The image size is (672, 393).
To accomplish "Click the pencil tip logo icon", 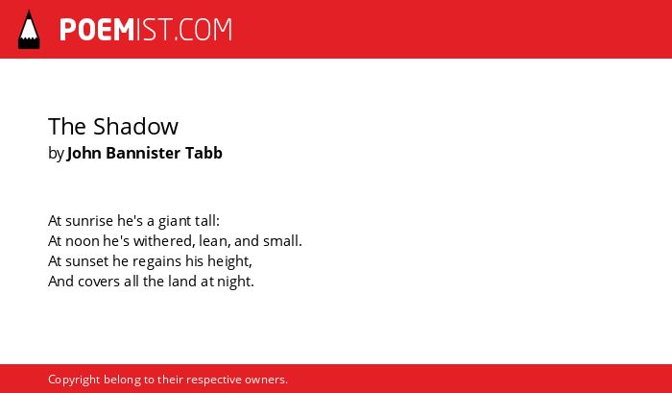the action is click(x=29, y=29).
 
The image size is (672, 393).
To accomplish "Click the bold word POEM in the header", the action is click(x=97, y=30).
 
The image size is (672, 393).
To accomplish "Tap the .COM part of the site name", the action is click(x=204, y=30).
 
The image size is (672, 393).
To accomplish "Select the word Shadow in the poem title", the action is click(x=135, y=126).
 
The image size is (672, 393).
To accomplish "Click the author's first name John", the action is click(x=84, y=153).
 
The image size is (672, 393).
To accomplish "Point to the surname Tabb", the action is click(x=204, y=153).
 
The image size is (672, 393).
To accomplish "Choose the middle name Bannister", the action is click(x=143, y=153).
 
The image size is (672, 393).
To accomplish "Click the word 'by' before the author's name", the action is click(x=56, y=154).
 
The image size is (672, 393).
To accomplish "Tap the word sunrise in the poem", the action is click(x=89, y=221).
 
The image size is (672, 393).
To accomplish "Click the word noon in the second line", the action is click(x=83, y=241).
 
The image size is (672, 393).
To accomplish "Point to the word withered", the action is click(x=162, y=240).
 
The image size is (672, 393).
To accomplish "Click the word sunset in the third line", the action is click(x=87, y=261).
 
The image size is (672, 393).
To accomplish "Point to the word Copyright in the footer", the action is click(x=74, y=380).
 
